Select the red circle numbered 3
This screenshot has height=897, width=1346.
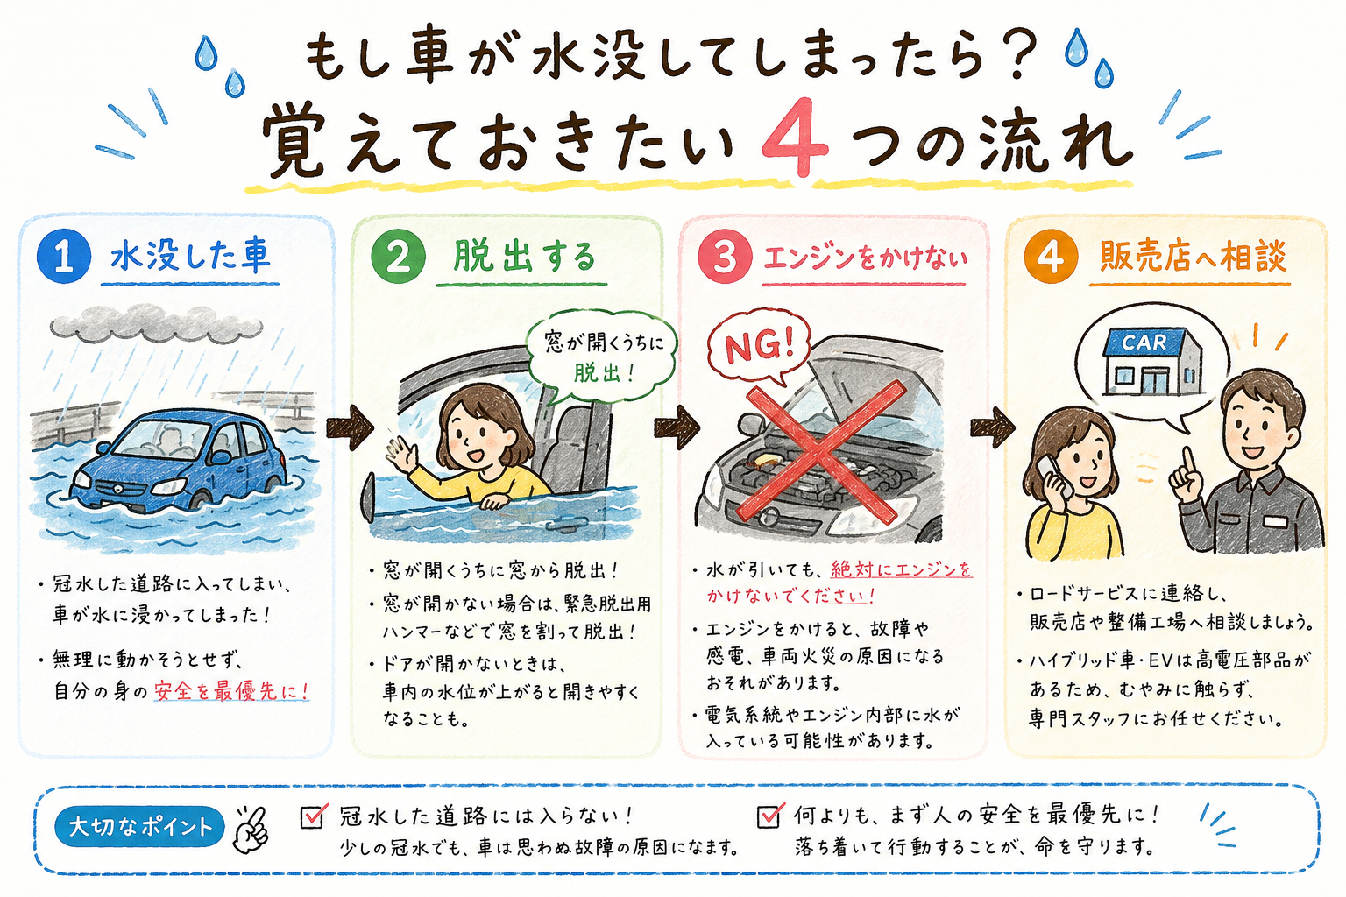click(x=725, y=258)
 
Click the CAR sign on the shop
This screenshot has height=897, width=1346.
click(x=1144, y=343)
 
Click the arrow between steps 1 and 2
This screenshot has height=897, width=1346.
click(x=350, y=427)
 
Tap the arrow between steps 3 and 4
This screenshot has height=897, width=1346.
click(x=993, y=427)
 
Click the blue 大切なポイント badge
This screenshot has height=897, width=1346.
click(x=139, y=826)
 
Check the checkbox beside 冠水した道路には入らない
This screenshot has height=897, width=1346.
click(x=313, y=816)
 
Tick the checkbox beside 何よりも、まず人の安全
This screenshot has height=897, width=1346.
click(x=770, y=816)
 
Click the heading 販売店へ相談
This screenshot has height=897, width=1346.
click(x=1193, y=257)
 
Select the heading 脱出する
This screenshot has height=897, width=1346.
click(x=524, y=258)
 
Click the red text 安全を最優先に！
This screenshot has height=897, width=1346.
click(x=232, y=691)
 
